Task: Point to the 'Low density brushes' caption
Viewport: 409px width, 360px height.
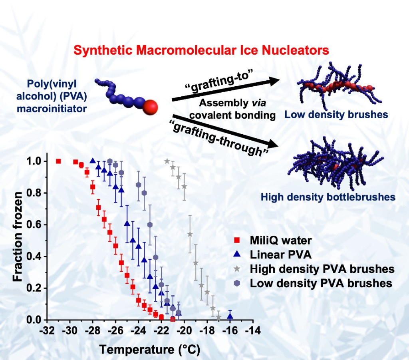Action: point(336,115)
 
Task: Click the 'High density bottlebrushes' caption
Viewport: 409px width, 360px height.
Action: point(328,197)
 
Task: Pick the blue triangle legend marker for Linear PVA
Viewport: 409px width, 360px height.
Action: point(236,255)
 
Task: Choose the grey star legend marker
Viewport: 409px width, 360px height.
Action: point(236,269)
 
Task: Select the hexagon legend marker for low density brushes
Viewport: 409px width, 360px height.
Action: point(236,283)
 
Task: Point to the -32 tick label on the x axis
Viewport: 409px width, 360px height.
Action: point(47,331)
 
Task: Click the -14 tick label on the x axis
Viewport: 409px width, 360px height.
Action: point(253,331)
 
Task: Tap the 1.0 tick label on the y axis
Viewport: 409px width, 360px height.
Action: point(34,161)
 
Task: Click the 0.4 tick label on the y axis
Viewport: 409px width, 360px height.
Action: point(34,256)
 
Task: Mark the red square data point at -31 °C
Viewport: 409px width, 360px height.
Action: point(59,161)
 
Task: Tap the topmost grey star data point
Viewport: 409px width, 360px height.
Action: point(167,161)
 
